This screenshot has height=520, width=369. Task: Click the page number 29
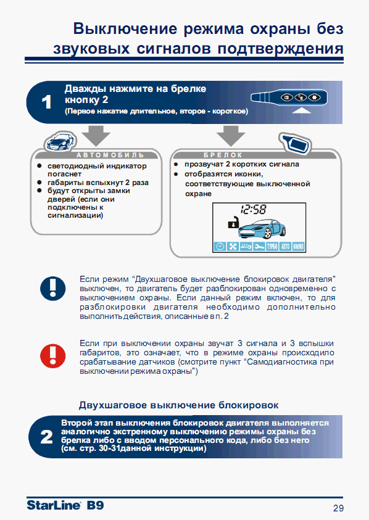point(339,508)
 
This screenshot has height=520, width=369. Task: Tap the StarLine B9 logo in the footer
point(65,505)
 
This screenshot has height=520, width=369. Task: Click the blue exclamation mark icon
point(53,289)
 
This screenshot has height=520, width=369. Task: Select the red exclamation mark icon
point(53,356)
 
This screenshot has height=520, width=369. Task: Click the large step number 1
point(47,102)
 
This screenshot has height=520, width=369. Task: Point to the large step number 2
point(46,437)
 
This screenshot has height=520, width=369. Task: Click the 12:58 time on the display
point(253,209)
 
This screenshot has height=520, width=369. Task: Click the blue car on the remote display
point(262,228)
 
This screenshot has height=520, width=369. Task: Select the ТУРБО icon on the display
point(272,246)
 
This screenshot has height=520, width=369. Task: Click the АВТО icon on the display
point(285,246)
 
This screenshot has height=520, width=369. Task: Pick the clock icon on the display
point(220,246)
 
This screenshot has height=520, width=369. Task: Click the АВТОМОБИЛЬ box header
point(110,155)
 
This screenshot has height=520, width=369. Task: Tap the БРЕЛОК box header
point(223,155)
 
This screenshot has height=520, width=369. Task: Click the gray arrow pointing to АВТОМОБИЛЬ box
point(96,135)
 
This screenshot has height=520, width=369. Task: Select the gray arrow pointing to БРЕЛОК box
point(231,135)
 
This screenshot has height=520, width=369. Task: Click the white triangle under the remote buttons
point(301,110)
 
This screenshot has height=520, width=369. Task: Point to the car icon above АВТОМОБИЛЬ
point(60,142)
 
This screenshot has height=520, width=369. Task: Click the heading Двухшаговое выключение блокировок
point(178,405)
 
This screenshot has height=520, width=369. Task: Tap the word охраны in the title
point(280,29)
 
